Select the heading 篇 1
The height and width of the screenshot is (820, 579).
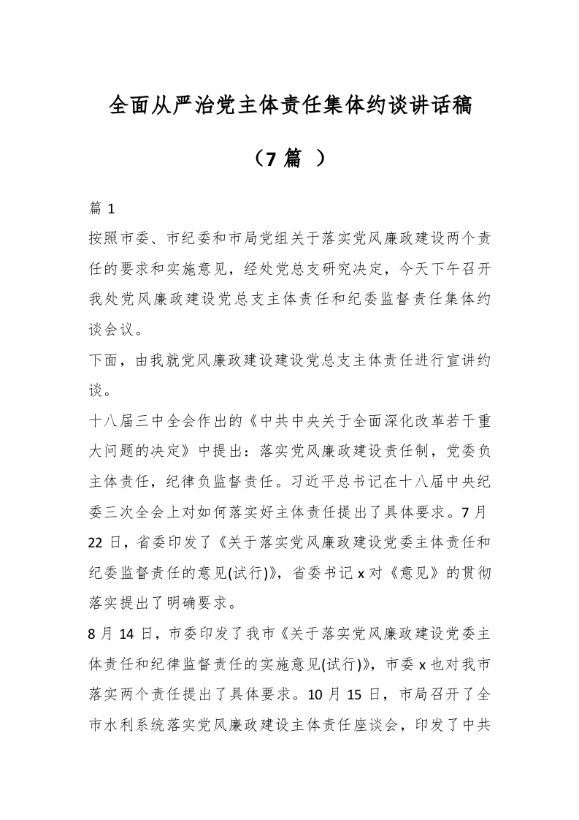pyautogui.click(x=101, y=209)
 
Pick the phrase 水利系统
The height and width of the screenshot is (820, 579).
pyautogui.click(x=137, y=722)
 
